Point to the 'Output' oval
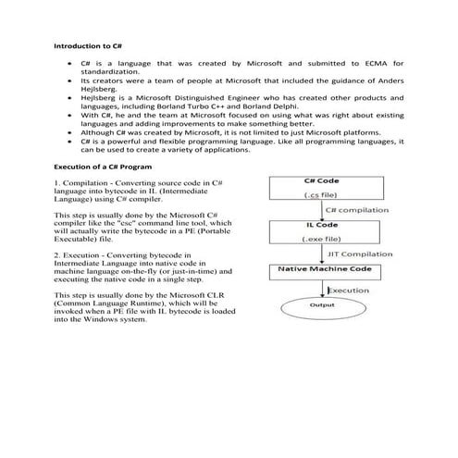(x=321, y=304)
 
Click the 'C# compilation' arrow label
(x=357, y=210)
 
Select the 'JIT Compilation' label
(x=366, y=254)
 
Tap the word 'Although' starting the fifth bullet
(x=98, y=131)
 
